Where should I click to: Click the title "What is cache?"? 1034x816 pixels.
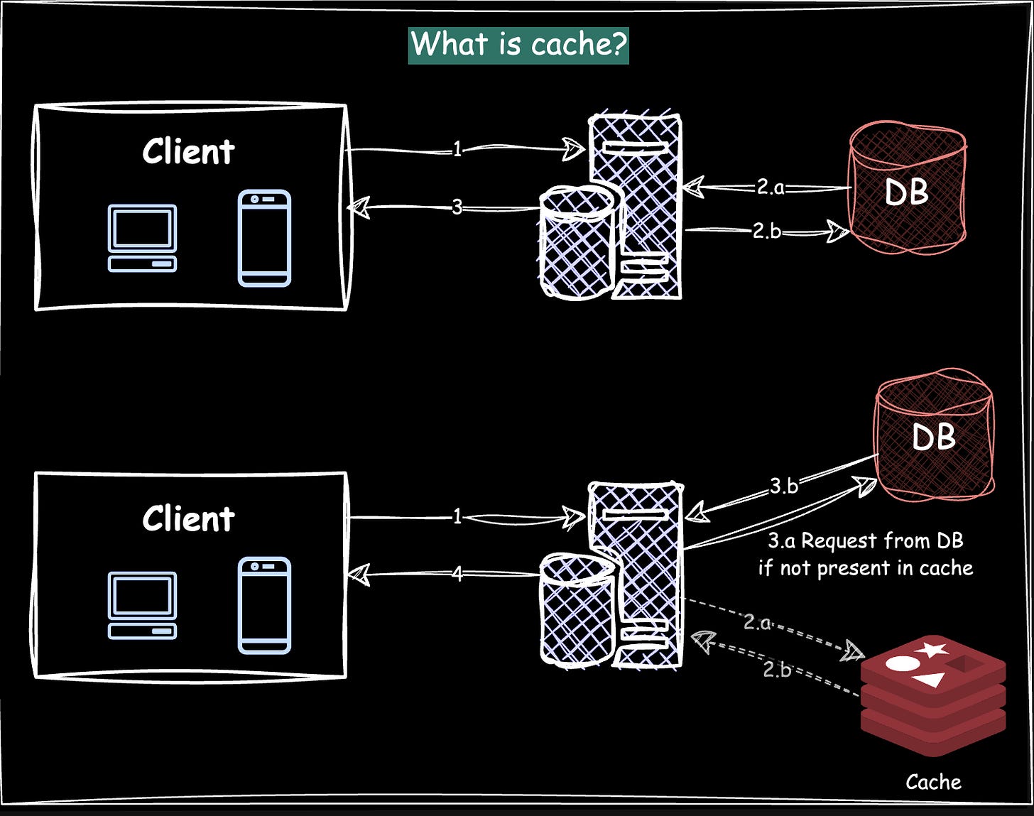coord(518,45)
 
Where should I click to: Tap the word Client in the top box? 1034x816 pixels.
coord(188,152)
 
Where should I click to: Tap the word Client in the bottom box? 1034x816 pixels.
coord(188,519)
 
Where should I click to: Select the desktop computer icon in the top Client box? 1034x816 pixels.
coord(142,238)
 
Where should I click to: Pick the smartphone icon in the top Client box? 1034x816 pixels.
coord(264,238)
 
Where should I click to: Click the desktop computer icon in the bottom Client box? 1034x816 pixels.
coord(142,605)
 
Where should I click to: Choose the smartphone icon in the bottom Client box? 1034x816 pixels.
coord(264,605)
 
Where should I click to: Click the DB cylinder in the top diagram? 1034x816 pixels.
coord(907,190)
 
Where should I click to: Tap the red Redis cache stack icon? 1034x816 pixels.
coord(932,692)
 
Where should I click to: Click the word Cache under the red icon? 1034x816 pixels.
coord(933,782)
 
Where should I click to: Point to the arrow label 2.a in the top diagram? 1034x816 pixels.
coord(770,187)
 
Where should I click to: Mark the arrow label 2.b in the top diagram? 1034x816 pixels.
coord(766,231)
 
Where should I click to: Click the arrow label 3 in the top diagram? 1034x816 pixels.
coord(457,207)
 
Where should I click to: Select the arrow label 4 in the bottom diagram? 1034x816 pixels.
coord(457,573)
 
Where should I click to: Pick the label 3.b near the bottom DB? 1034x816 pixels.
coord(784,486)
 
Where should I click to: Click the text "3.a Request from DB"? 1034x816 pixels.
coord(865,541)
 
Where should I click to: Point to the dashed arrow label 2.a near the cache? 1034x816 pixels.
coord(757,622)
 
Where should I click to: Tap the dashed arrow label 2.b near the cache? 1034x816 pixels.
coord(777,669)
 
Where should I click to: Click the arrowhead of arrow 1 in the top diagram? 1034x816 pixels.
coord(573,148)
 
